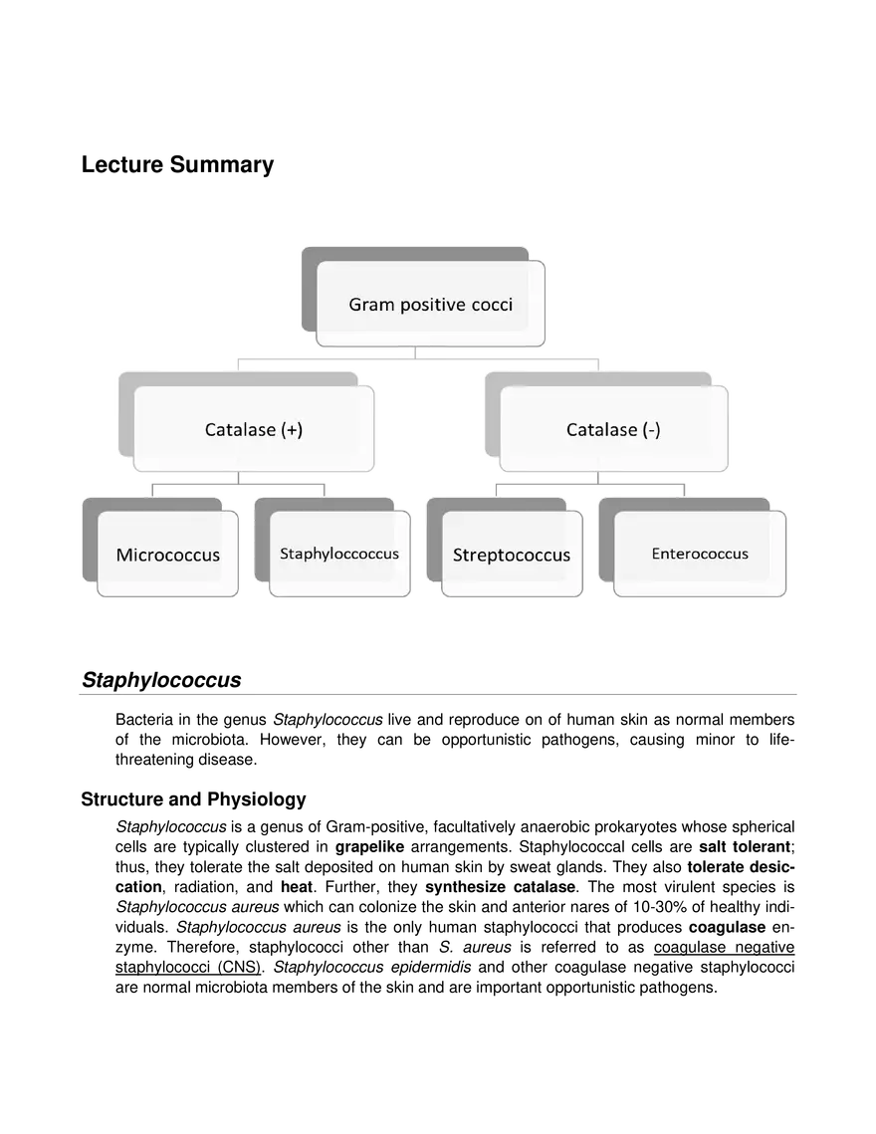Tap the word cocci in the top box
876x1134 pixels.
493,305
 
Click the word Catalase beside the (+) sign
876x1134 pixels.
240,430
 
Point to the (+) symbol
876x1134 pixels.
292,430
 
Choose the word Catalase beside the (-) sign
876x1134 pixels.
601,430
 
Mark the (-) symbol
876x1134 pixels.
651,430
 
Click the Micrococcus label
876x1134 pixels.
167,555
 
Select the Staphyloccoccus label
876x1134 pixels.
339,554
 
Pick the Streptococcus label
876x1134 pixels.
512,555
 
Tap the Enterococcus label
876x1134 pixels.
700,554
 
